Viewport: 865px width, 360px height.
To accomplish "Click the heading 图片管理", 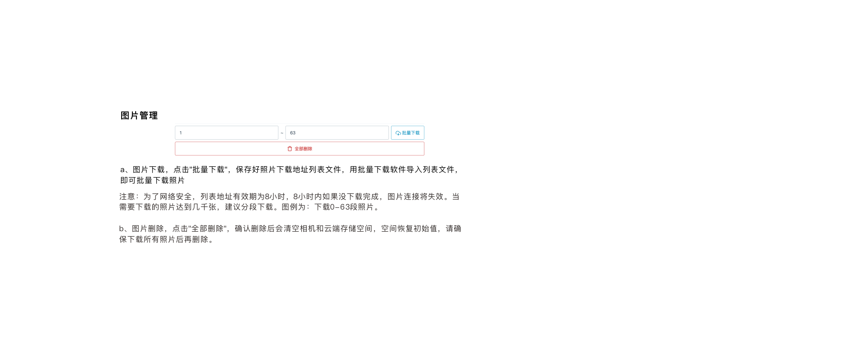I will pyautogui.click(x=139, y=116).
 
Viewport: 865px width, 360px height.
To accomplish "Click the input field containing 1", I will pyautogui.click(x=226, y=133).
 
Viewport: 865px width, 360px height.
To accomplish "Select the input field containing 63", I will pyautogui.click(x=337, y=133).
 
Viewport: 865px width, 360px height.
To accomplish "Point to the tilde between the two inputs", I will pyautogui.click(x=282, y=133).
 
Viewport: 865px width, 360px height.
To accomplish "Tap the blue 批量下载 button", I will pyautogui.click(x=408, y=133).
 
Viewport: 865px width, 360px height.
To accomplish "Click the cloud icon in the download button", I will pyautogui.click(x=398, y=133).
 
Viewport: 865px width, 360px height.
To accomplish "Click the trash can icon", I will pyautogui.click(x=290, y=149).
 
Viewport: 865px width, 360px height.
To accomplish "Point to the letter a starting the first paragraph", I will pyautogui.click(x=122, y=170).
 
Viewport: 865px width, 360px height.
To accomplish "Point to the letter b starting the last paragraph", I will pyautogui.click(x=121, y=229).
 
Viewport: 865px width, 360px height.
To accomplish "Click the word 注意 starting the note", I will pyautogui.click(x=127, y=197).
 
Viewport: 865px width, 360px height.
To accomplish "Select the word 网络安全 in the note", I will pyautogui.click(x=176, y=197).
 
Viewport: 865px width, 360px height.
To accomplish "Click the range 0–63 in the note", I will pyautogui.click(x=340, y=207).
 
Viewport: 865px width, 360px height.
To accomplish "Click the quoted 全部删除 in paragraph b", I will pyautogui.click(x=207, y=229).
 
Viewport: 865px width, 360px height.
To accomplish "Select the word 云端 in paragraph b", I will pyautogui.click(x=332, y=229).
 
